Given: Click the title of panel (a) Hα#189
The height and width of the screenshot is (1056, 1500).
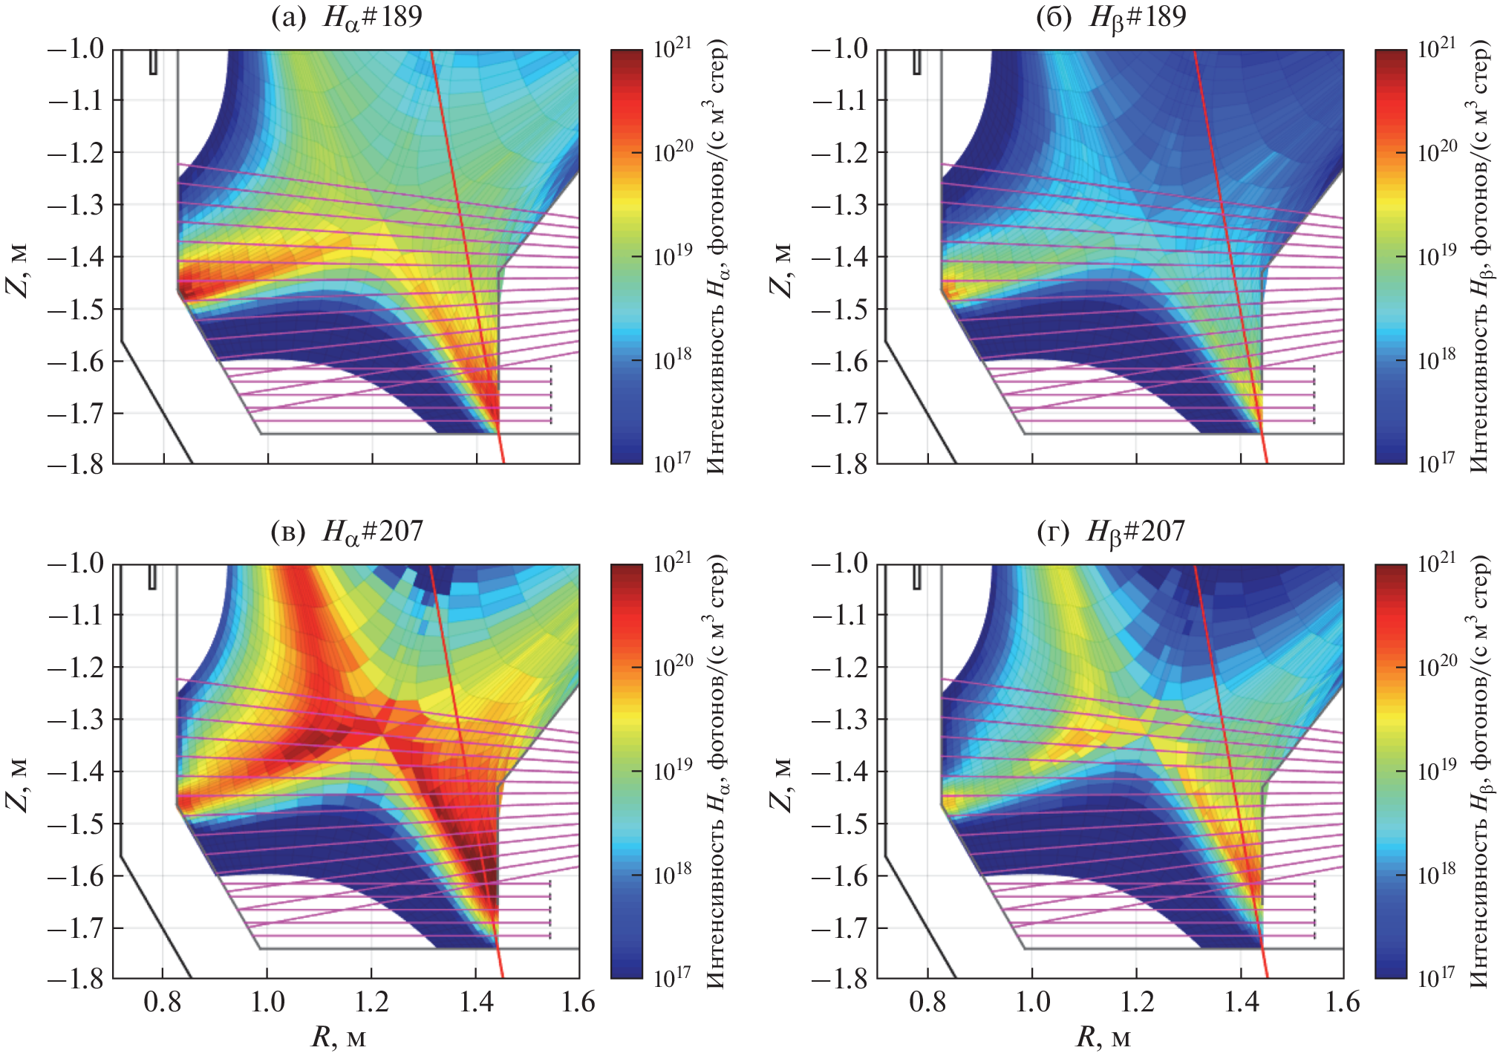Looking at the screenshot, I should click(x=347, y=16).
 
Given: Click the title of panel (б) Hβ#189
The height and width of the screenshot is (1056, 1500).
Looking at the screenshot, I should click(x=1111, y=16).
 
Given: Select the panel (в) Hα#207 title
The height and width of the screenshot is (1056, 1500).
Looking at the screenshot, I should click(x=347, y=531).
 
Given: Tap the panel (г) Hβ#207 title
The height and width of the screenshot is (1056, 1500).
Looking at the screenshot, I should click(x=1111, y=531).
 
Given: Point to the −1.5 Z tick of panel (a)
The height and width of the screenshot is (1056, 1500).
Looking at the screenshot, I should click(x=78, y=309).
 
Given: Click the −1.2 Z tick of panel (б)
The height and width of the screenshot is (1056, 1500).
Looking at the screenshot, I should click(x=842, y=153).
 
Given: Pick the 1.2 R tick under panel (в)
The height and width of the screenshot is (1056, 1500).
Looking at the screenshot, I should click(x=372, y=1003).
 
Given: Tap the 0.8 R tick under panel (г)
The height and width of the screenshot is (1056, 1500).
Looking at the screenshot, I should click(x=927, y=1003).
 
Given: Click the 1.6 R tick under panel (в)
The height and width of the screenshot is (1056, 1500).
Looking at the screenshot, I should click(x=578, y=1003).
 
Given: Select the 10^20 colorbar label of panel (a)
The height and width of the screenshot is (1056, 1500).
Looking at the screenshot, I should click(x=674, y=151).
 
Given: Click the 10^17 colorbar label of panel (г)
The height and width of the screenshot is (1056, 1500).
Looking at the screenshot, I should click(x=1437, y=978).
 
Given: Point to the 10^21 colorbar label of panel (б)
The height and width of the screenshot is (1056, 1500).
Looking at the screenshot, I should click(x=1437, y=48).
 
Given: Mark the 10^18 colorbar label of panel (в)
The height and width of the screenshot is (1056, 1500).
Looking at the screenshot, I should click(x=674, y=873).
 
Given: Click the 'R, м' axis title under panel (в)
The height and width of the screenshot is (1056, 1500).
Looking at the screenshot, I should click(x=339, y=1037).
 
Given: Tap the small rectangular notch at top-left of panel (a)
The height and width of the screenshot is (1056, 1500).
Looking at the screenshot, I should click(x=153, y=62).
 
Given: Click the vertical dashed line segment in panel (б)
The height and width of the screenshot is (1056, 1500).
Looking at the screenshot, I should click(x=1314, y=394).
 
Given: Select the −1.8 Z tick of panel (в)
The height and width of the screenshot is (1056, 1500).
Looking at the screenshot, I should click(x=78, y=980).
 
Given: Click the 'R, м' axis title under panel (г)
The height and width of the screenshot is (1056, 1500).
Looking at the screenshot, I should click(x=1103, y=1037).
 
